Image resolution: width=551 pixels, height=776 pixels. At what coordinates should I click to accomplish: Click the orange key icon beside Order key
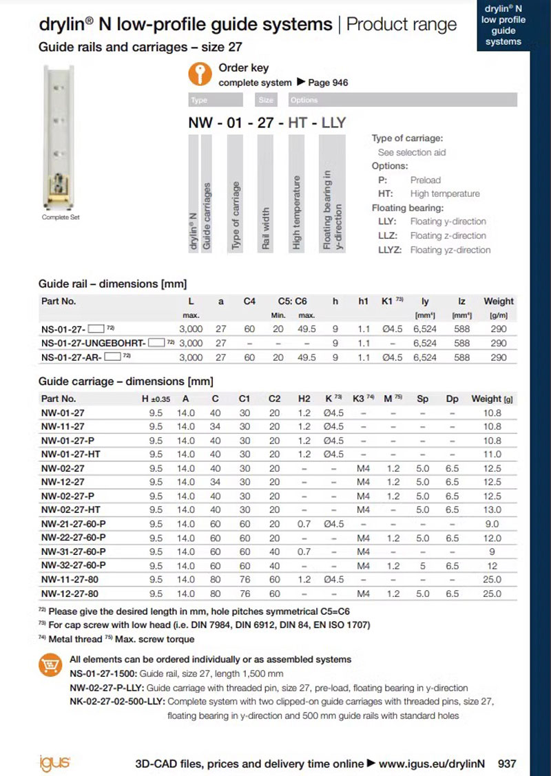coord(200,74)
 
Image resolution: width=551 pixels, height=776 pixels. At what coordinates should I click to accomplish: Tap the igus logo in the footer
coord(56,763)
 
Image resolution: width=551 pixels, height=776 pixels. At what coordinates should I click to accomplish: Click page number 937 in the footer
coord(507,764)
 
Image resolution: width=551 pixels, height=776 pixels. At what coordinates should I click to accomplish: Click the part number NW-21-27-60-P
coord(74,524)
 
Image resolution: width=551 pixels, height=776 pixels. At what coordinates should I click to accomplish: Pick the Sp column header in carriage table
coord(422,399)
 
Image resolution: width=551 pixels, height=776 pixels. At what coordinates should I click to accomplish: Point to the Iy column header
coord(426,301)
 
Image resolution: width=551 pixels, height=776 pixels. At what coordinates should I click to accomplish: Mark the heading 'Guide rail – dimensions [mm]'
coord(113,284)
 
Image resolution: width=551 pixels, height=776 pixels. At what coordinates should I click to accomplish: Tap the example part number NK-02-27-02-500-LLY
coord(118,702)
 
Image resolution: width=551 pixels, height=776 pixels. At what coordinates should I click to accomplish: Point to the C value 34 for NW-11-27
coord(216,427)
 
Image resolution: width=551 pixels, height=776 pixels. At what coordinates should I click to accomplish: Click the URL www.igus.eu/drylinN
coord(432,764)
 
